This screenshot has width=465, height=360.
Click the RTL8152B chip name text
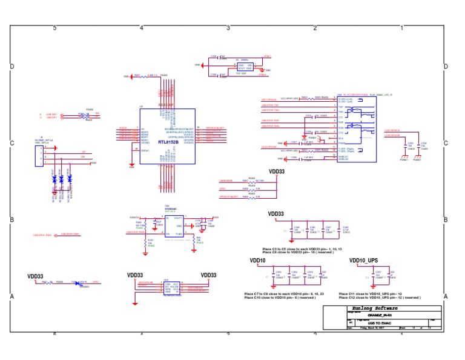tap(168, 142)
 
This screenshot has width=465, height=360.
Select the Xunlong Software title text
tap(353, 308)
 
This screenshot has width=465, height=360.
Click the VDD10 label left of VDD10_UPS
tap(258, 261)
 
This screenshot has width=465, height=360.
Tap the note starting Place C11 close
tap(387, 294)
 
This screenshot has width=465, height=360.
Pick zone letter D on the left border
tap(12, 66)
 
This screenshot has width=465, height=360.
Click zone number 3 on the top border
tap(228, 28)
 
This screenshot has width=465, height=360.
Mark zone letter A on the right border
tap(446, 296)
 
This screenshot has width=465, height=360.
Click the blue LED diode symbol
tap(77, 282)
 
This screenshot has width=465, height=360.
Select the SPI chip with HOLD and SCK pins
tap(167, 288)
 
